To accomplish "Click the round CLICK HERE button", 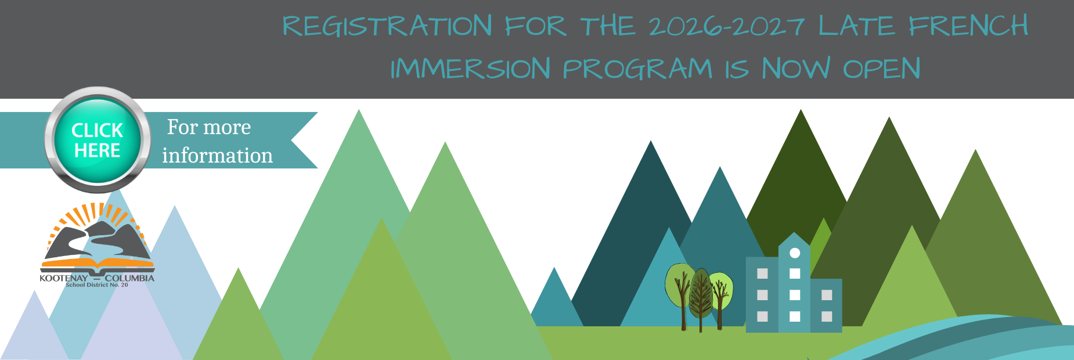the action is pyautogui.click(x=97, y=140).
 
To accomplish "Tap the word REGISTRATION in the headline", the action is pyautogui.click(x=387, y=26).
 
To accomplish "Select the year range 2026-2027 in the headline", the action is pyautogui.click(x=726, y=26).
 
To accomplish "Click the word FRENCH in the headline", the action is pyautogui.click(x=968, y=26).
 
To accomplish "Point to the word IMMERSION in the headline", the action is pyautogui.click(x=470, y=69).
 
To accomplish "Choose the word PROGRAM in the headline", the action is pyautogui.click(x=637, y=69).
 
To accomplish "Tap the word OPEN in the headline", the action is pyautogui.click(x=881, y=69).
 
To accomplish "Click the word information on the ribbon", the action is pyautogui.click(x=217, y=155).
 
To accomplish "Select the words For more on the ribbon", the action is pyautogui.click(x=209, y=127).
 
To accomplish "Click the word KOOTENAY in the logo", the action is pyautogui.click(x=64, y=278).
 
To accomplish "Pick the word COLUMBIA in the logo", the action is pyautogui.click(x=129, y=278).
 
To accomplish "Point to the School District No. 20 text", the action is pyautogui.click(x=97, y=285).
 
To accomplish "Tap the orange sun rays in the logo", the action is pyautogui.click(x=97, y=218).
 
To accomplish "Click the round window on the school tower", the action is pyautogui.click(x=795, y=253).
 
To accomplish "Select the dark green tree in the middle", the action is pyautogui.click(x=701, y=299).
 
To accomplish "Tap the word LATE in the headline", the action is pyautogui.click(x=857, y=26).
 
